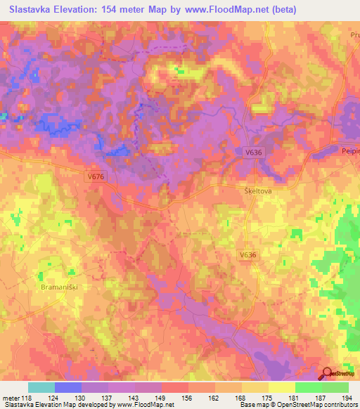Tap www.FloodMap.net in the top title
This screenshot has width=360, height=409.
pyautogui.click(x=235, y=10)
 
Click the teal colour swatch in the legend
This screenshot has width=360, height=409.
pyautogui.click(x=41, y=387)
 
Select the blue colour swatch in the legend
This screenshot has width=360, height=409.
pyautogui.click(x=68, y=387)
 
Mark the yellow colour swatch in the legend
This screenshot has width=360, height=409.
pyautogui.click(x=281, y=387)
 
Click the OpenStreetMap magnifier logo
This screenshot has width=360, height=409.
pyautogui.click(x=327, y=374)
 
